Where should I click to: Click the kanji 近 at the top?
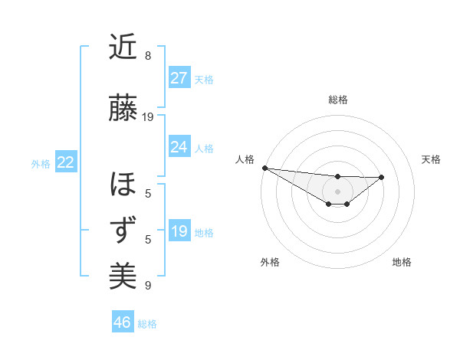[123, 47]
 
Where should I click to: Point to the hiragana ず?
[123, 230]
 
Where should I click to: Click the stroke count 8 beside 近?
[148, 56]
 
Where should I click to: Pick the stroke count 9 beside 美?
[148, 286]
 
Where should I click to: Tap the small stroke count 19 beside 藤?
[148, 117]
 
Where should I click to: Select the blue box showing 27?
[179, 78]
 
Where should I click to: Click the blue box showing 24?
[179, 147]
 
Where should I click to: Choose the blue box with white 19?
[179, 231]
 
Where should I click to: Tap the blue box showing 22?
[65, 162]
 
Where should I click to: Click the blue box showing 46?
[122, 322]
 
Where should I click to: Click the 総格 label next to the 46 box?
[147, 324]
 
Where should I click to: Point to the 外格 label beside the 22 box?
[41, 163]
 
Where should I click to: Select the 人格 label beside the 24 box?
[204, 148]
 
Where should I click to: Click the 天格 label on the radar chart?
[431, 159]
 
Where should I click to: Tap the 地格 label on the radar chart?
[402, 262]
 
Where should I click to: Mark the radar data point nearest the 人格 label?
[264, 168]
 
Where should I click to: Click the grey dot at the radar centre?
[337, 191]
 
